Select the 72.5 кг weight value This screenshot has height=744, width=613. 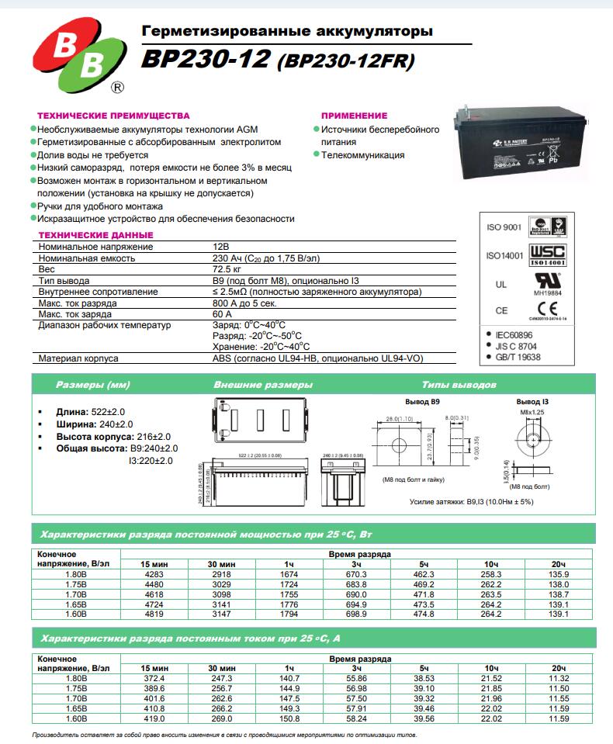click(x=226, y=268)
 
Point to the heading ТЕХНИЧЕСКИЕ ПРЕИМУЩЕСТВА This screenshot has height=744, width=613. click(x=113, y=115)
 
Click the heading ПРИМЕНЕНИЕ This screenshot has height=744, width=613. click(x=354, y=115)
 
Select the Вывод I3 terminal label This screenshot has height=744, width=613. click(x=532, y=402)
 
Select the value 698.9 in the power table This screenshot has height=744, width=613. click(x=356, y=614)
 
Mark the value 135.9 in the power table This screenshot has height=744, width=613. click(x=559, y=574)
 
